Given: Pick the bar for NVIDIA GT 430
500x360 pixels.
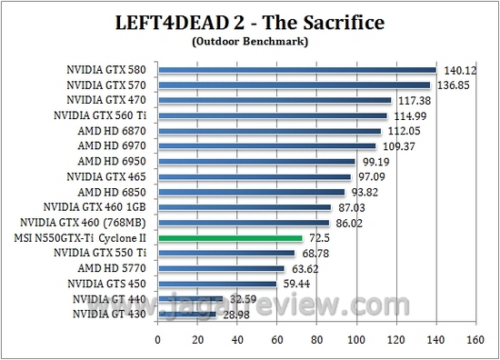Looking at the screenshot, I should [x=186, y=314].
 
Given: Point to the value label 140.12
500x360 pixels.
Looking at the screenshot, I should [x=458, y=69].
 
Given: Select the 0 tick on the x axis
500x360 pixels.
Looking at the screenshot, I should [x=158, y=339].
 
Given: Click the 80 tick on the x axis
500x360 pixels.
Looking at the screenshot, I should [x=315, y=339].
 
